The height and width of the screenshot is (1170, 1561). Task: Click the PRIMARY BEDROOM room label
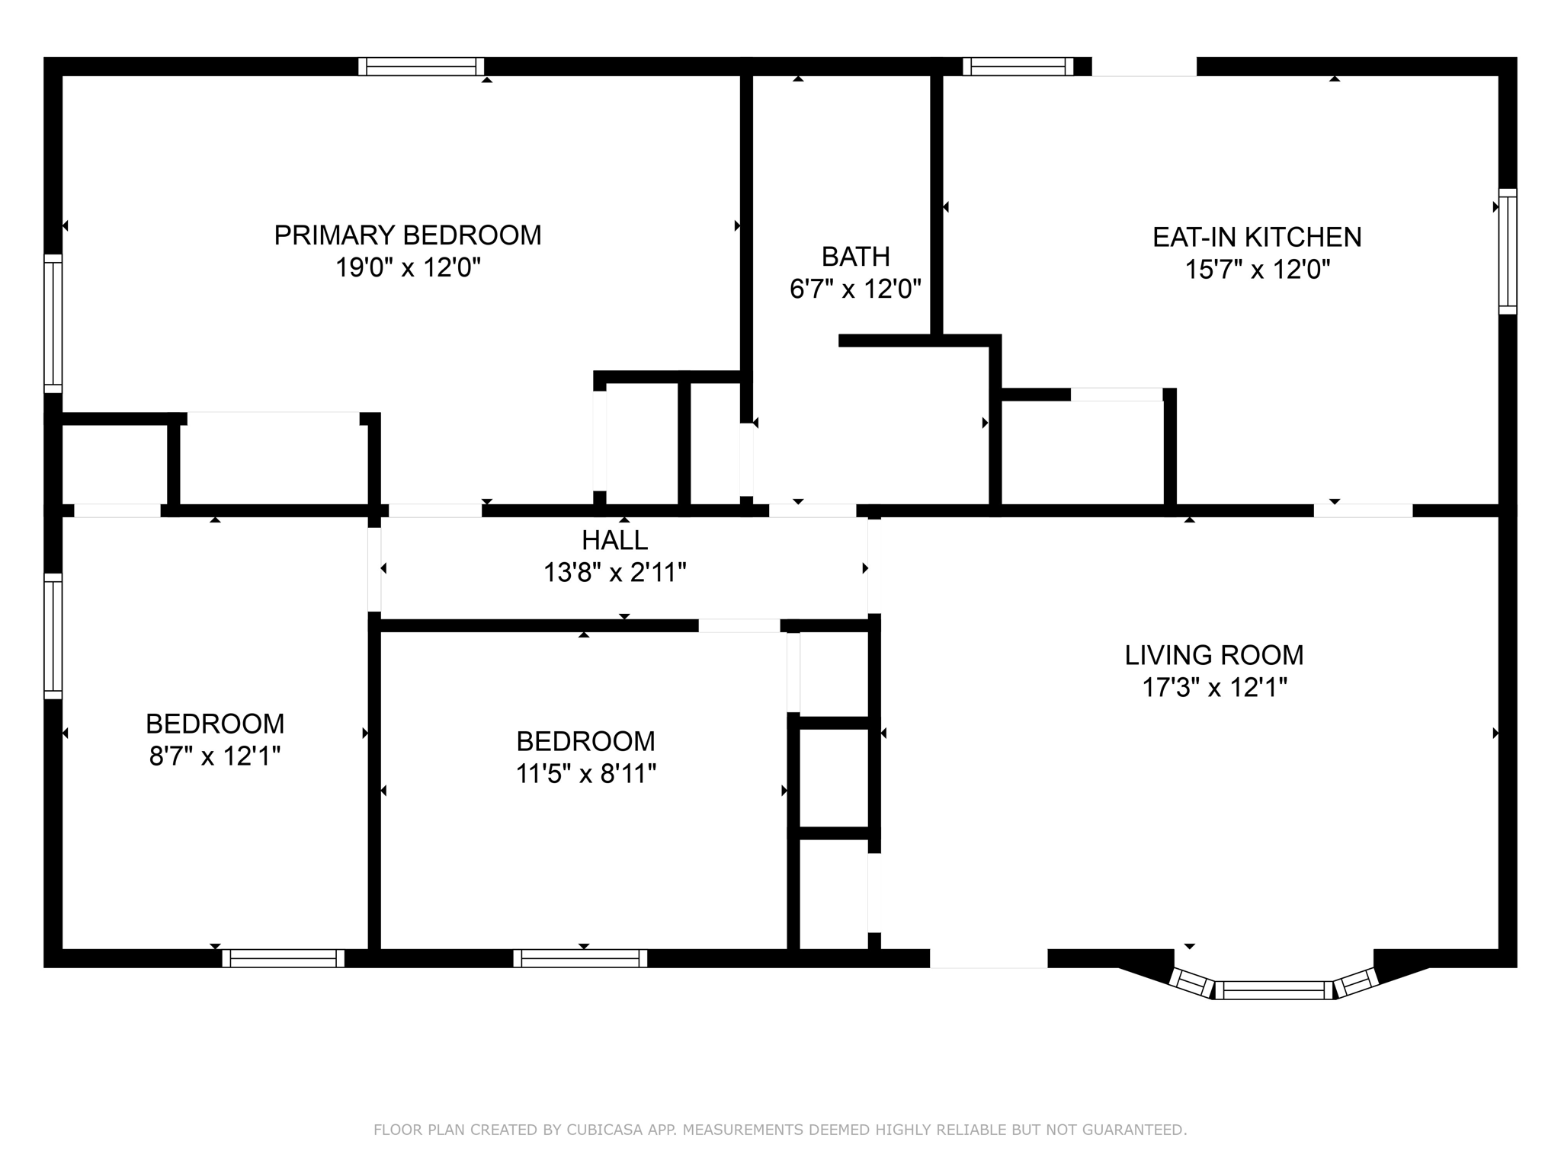click(408, 235)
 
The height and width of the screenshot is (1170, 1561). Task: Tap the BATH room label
click(856, 257)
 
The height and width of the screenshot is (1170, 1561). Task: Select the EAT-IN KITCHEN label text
click(1257, 238)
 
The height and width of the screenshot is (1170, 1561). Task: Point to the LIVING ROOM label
click(1214, 655)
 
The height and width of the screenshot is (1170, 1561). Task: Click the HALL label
click(615, 541)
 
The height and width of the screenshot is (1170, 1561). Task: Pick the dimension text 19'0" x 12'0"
click(409, 268)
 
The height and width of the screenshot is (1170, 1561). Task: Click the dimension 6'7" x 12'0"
click(856, 289)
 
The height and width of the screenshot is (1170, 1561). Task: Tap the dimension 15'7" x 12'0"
click(1258, 270)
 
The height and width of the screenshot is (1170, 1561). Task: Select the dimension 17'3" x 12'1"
click(1214, 688)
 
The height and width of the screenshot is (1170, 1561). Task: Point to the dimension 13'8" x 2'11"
click(615, 573)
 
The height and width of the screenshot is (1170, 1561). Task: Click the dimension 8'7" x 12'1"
click(215, 756)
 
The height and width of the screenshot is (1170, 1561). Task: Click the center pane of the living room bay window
click(1274, 990)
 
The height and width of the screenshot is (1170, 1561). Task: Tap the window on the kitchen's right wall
click(1508, 251)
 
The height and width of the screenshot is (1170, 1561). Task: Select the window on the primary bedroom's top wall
click(422, 66)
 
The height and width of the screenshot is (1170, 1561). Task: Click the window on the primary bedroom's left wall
click(53, 324)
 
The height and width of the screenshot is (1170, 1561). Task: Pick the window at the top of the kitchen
click(1018, 66)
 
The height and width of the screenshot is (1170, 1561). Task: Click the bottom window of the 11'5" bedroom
click(580, 958)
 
